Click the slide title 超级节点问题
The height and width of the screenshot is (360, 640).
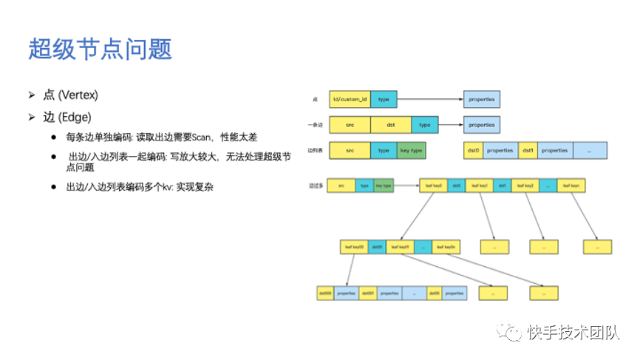click(x=100, y=49)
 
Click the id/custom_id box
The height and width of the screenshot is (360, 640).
click(x=350, y=98)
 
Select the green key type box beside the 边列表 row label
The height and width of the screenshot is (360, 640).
click(x=411, y=150)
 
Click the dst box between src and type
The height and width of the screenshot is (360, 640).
click(x=391, y=125)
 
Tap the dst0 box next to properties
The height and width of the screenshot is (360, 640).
click(x=473, y=150)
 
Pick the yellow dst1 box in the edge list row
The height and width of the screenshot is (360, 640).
click(x=528, y=150)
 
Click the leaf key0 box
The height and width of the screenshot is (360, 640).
click(x=433, y=185)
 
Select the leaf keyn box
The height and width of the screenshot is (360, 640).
click(x=571, y=185)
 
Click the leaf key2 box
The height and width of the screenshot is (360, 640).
click(x=524, y=185)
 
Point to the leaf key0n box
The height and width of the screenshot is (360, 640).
click(x=446, y=246)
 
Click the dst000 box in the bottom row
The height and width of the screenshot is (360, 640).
click(x=325, y=293)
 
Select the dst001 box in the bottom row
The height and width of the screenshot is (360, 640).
click(x=368, y=293)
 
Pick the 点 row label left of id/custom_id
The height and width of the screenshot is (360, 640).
click(x=316, y=99)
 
